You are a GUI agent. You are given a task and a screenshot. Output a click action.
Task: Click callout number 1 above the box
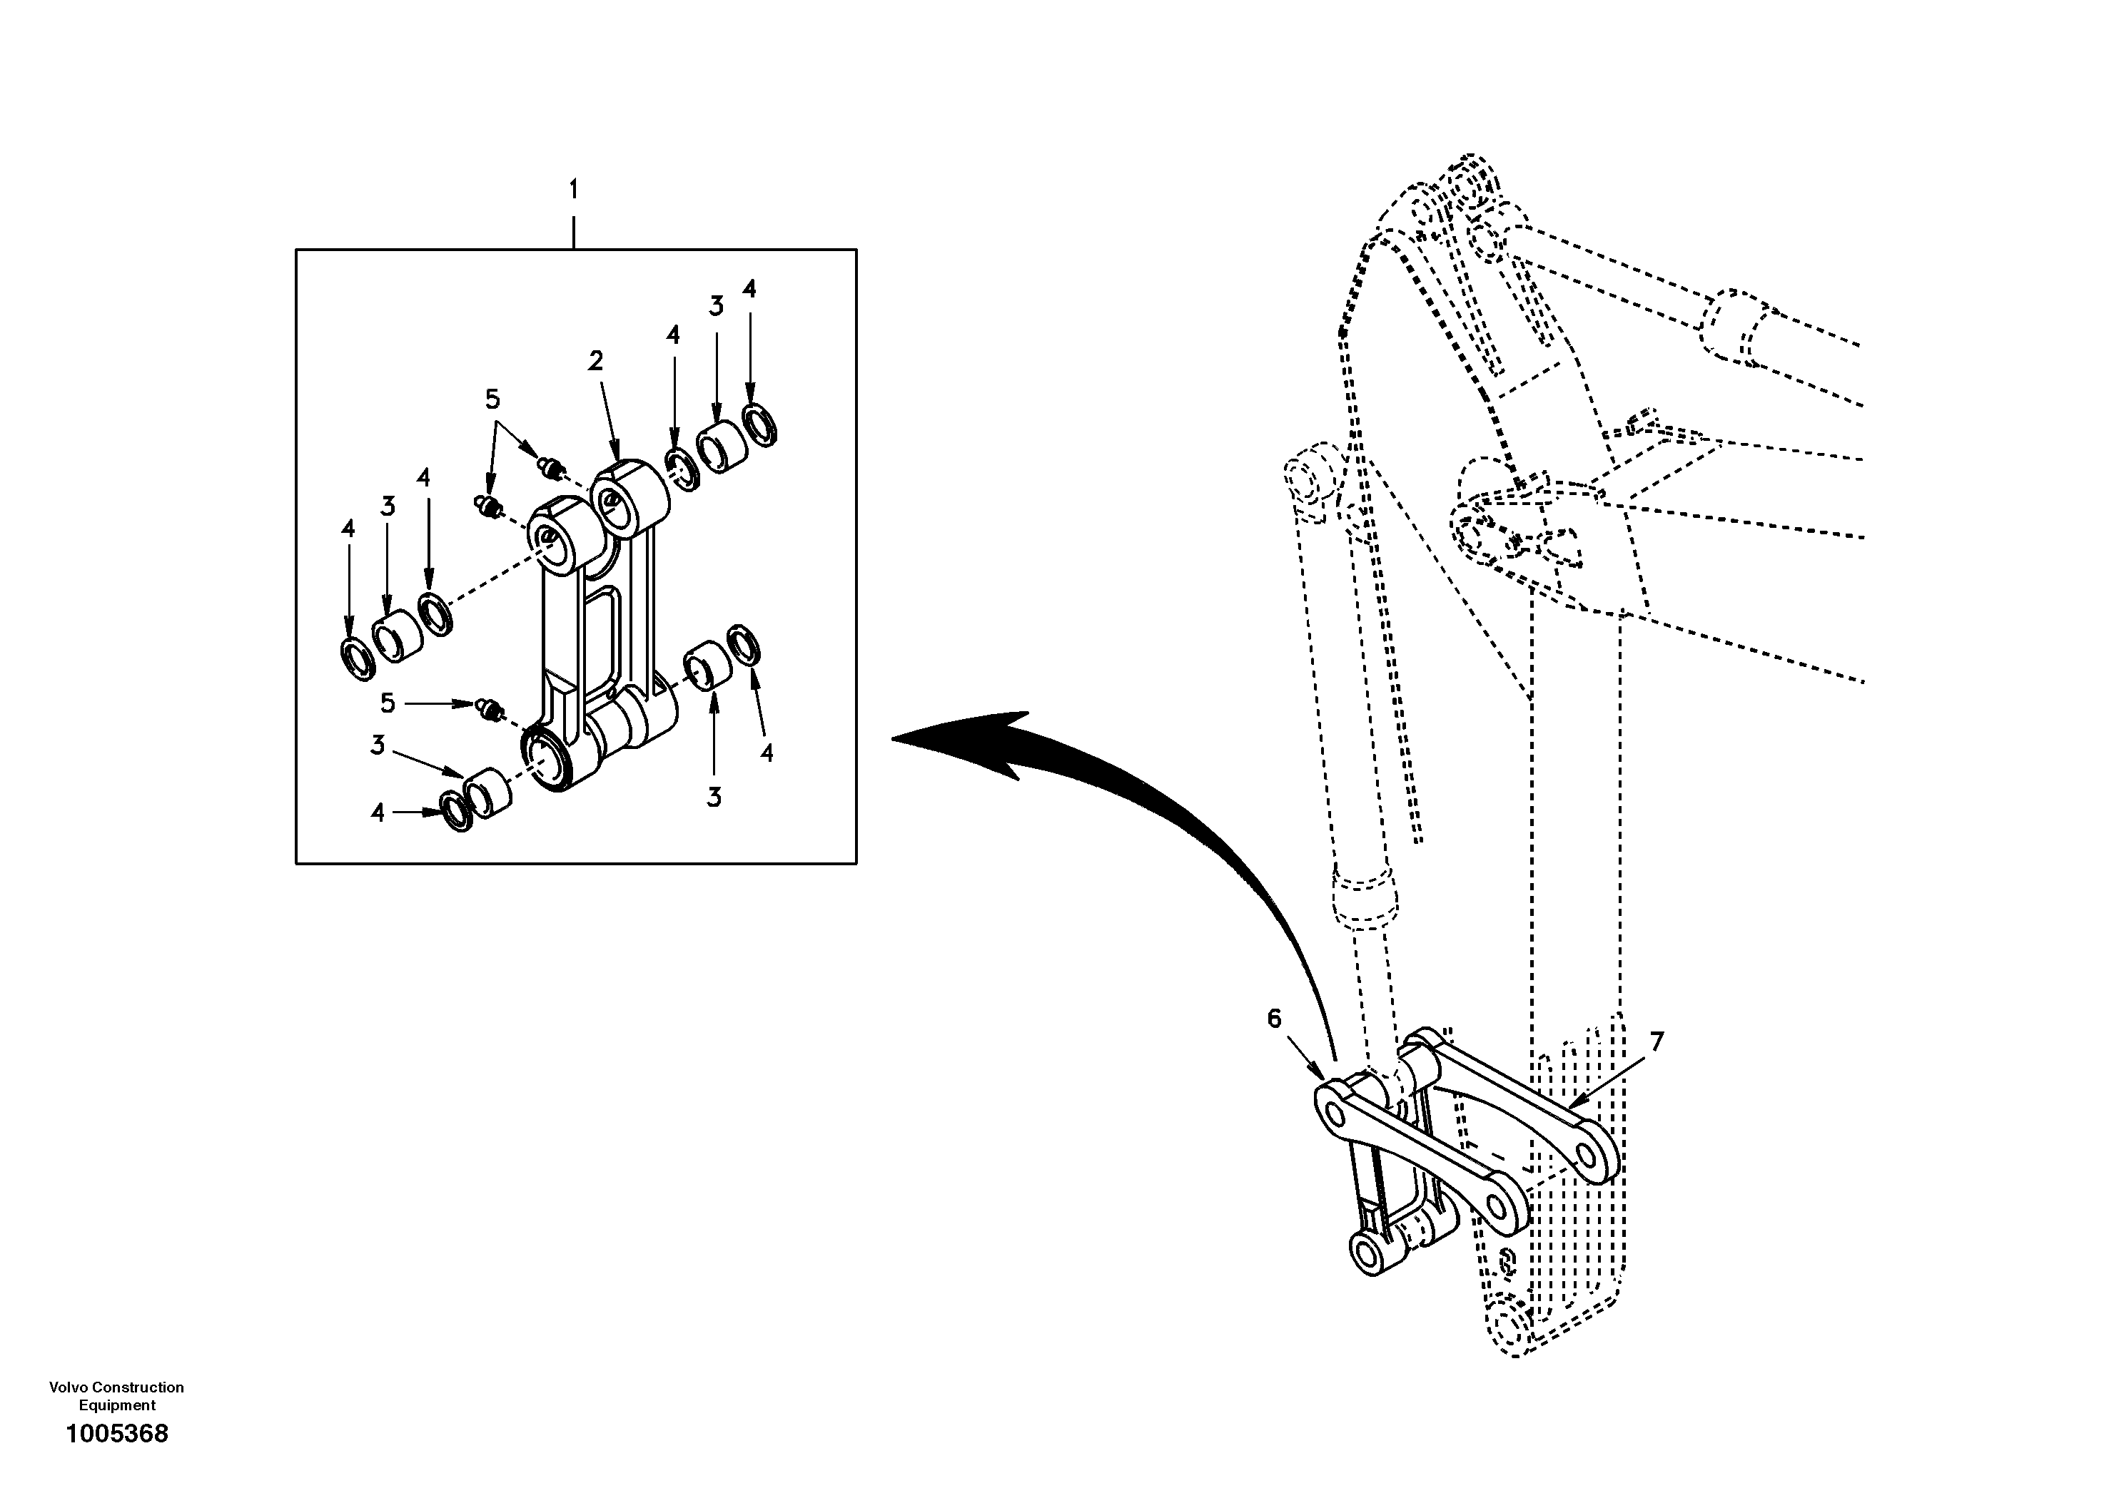tap(574, 190)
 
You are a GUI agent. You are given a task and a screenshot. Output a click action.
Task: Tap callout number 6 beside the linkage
tap(1274, 1019)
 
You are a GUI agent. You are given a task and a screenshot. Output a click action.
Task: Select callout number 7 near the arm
tap(1656, 1042)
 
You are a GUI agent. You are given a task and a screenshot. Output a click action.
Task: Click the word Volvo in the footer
tap(69, 1387)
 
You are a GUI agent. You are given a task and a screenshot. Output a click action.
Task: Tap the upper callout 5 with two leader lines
tap(492, 399)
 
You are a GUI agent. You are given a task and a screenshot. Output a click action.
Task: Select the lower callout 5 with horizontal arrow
tap(388, 703)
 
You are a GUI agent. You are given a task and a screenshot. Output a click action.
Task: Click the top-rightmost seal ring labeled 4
tap(760, 424)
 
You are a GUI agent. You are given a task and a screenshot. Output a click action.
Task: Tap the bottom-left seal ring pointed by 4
tap(457, 811)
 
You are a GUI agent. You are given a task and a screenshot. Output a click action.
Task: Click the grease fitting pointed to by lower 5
tap(490, 710)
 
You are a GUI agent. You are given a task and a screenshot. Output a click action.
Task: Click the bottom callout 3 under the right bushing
tap(713, 797)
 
